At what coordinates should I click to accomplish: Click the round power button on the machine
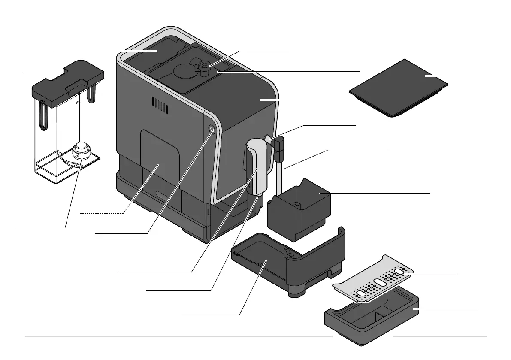pyautogui.click(x=212, y=129)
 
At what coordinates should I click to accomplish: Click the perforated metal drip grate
pyautogui.click(x=373, y=279)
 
